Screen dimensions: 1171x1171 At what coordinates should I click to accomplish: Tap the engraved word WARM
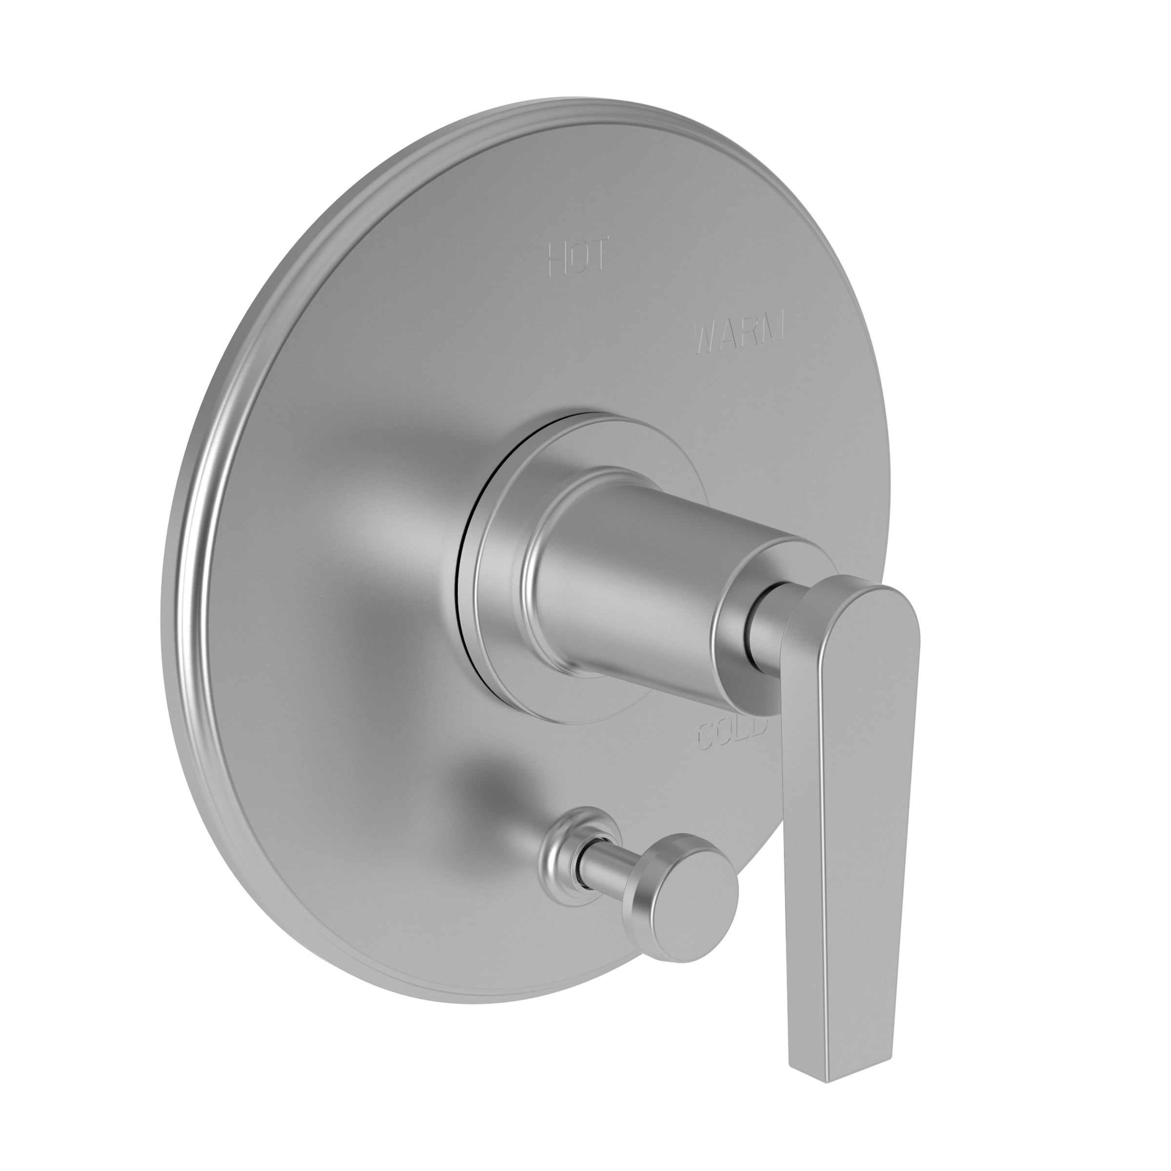[740, 332]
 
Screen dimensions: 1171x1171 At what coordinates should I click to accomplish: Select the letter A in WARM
[728, 335]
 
